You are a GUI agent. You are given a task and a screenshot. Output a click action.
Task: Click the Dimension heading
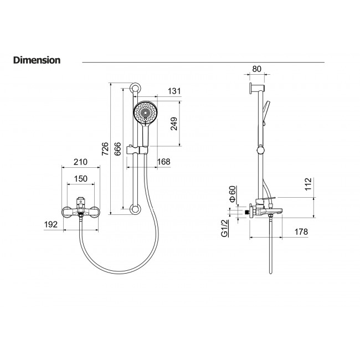37,60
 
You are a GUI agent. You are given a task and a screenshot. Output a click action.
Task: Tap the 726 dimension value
105,149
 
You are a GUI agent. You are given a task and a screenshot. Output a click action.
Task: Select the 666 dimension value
117,149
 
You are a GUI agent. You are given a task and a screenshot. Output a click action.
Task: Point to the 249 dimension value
174,124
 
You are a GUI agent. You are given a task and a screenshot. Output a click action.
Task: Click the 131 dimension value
174,91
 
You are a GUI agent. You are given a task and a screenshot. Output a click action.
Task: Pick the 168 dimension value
164,162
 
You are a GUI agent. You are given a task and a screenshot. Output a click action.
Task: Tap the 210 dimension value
81,162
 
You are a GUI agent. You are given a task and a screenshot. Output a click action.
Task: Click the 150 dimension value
81,179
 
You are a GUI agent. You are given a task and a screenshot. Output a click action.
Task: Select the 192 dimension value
51,224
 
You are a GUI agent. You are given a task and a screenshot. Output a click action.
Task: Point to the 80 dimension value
256,69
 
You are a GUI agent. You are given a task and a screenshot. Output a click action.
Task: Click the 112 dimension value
308,184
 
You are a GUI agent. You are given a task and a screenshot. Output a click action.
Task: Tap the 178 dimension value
301,232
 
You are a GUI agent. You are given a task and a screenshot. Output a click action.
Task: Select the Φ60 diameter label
233,194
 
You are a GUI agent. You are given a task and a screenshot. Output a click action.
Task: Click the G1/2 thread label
224,228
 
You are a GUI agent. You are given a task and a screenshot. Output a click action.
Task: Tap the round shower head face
145,113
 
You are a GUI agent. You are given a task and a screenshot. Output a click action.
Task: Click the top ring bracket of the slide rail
136,89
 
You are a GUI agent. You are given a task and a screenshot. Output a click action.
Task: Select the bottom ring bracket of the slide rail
136,209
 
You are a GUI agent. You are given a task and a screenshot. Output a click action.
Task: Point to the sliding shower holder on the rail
137,150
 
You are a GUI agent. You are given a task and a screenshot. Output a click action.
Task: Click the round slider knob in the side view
261,151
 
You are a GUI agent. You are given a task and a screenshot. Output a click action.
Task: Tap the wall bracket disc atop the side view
251,89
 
